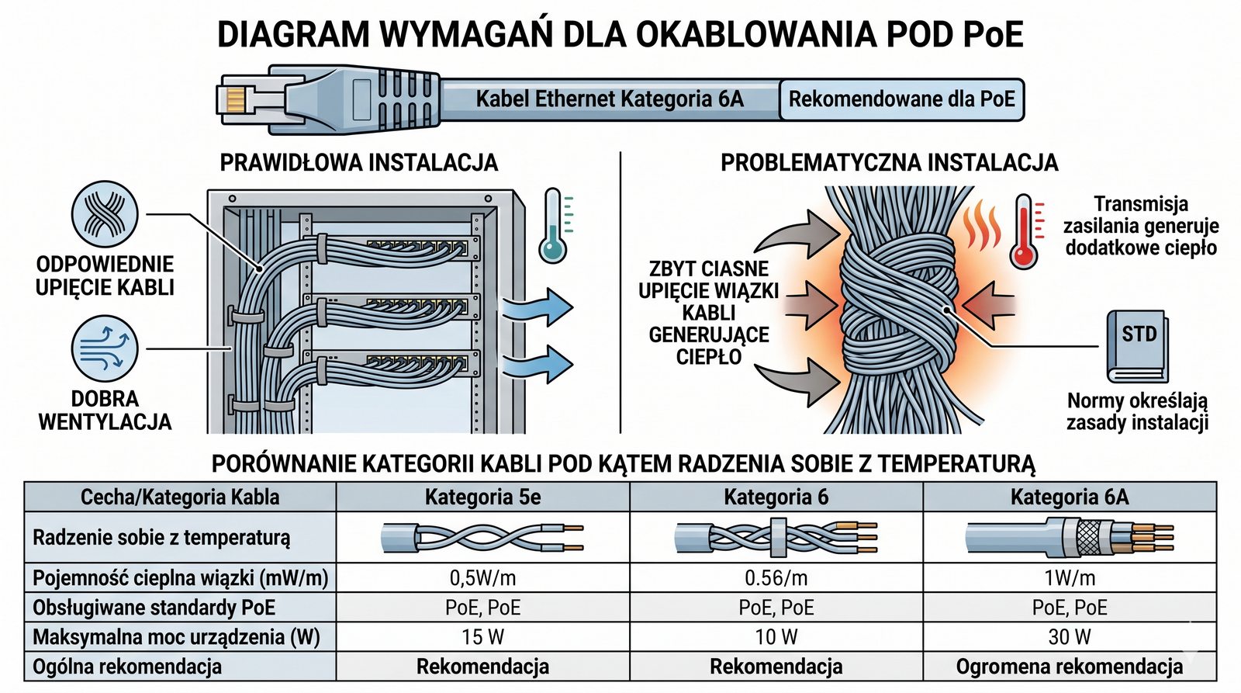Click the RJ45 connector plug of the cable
[x=256, y=99]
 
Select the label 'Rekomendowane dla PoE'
[x=901, y=99]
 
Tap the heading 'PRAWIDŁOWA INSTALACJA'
[x=359, y=162]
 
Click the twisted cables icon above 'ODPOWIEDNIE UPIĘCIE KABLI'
[x=105, y=215]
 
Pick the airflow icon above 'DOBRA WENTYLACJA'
[x=105, y=348]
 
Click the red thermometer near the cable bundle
[x=1025, y=231]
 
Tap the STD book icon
[x=1136, y=345]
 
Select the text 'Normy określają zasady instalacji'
[x=1137, y=411]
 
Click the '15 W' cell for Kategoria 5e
[x=482, y=637]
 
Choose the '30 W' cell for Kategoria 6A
[x=1070, y=637]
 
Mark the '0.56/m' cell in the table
[x=776, y=578]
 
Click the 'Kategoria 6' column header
[x=776, y=497]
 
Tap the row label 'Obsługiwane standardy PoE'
[x=154, y=608]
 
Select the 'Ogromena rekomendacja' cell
[x=1070, y=667]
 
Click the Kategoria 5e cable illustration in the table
[x=482, y=537]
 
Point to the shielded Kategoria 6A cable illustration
[x=1070, y=537]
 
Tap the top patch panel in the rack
[x=419, y=249]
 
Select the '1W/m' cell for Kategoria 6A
[x=1070, y=578]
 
